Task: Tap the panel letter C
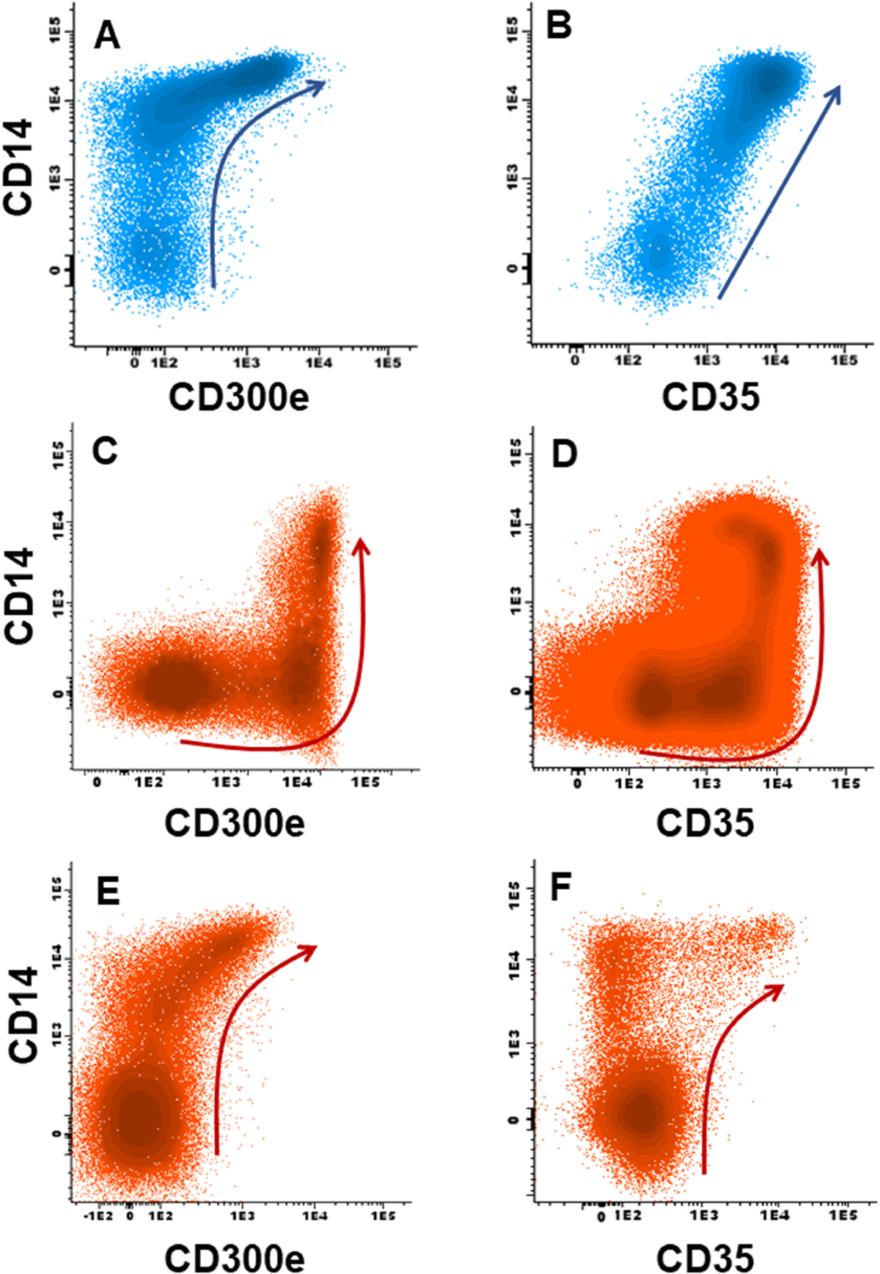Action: click(105, 452)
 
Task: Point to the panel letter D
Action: click(563, 454)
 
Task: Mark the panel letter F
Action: click(561, 889)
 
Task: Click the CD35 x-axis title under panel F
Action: click(705, 1257)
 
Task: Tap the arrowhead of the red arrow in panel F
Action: click(777, 990)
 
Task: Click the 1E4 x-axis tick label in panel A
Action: click(318, 362)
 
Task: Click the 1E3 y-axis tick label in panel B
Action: click(513, 179)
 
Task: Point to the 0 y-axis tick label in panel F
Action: click(513, 1119)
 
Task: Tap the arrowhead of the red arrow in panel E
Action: click(310, 951)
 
